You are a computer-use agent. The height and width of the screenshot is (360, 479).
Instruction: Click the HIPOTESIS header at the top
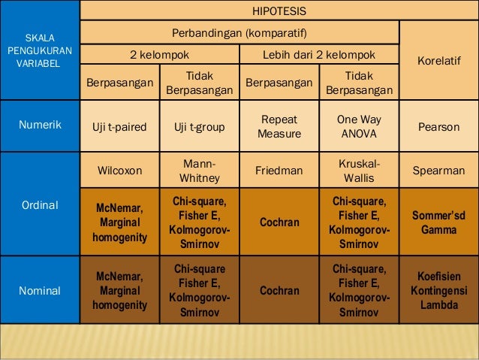click(279, 11)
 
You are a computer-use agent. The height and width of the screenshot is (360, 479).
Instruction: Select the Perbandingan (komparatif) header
click(239, 34)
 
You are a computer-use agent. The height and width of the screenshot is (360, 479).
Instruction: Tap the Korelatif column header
click(438, 56)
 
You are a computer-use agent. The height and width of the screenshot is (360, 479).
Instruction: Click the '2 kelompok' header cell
click(159, 55)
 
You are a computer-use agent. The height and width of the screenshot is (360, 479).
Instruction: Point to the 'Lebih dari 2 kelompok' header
click(318, 55)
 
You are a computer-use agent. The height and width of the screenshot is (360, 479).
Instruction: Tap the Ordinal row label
click(40, 204)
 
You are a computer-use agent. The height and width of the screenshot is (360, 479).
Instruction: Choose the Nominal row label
click(40, 290)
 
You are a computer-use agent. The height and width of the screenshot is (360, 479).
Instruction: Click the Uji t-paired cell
click(119, 127)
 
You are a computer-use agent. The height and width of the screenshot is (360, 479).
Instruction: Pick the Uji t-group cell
click(199, 127)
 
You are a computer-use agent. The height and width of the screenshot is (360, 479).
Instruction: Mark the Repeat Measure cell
click(279, 127)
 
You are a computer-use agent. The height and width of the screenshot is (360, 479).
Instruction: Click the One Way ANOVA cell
click(358, 127)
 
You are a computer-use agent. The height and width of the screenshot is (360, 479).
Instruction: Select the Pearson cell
click(438, 127)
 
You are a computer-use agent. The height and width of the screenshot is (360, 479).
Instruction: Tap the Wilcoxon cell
click(119, 171)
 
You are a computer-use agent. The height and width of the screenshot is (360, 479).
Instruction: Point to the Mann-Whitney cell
click(199, 171)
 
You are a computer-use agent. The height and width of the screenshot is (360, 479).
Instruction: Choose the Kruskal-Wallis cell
click(358, 171)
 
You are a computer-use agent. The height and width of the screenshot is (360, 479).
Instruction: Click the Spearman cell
click(438, 171)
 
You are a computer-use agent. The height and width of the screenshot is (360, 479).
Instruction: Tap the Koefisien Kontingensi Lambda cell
click(438, 290)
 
